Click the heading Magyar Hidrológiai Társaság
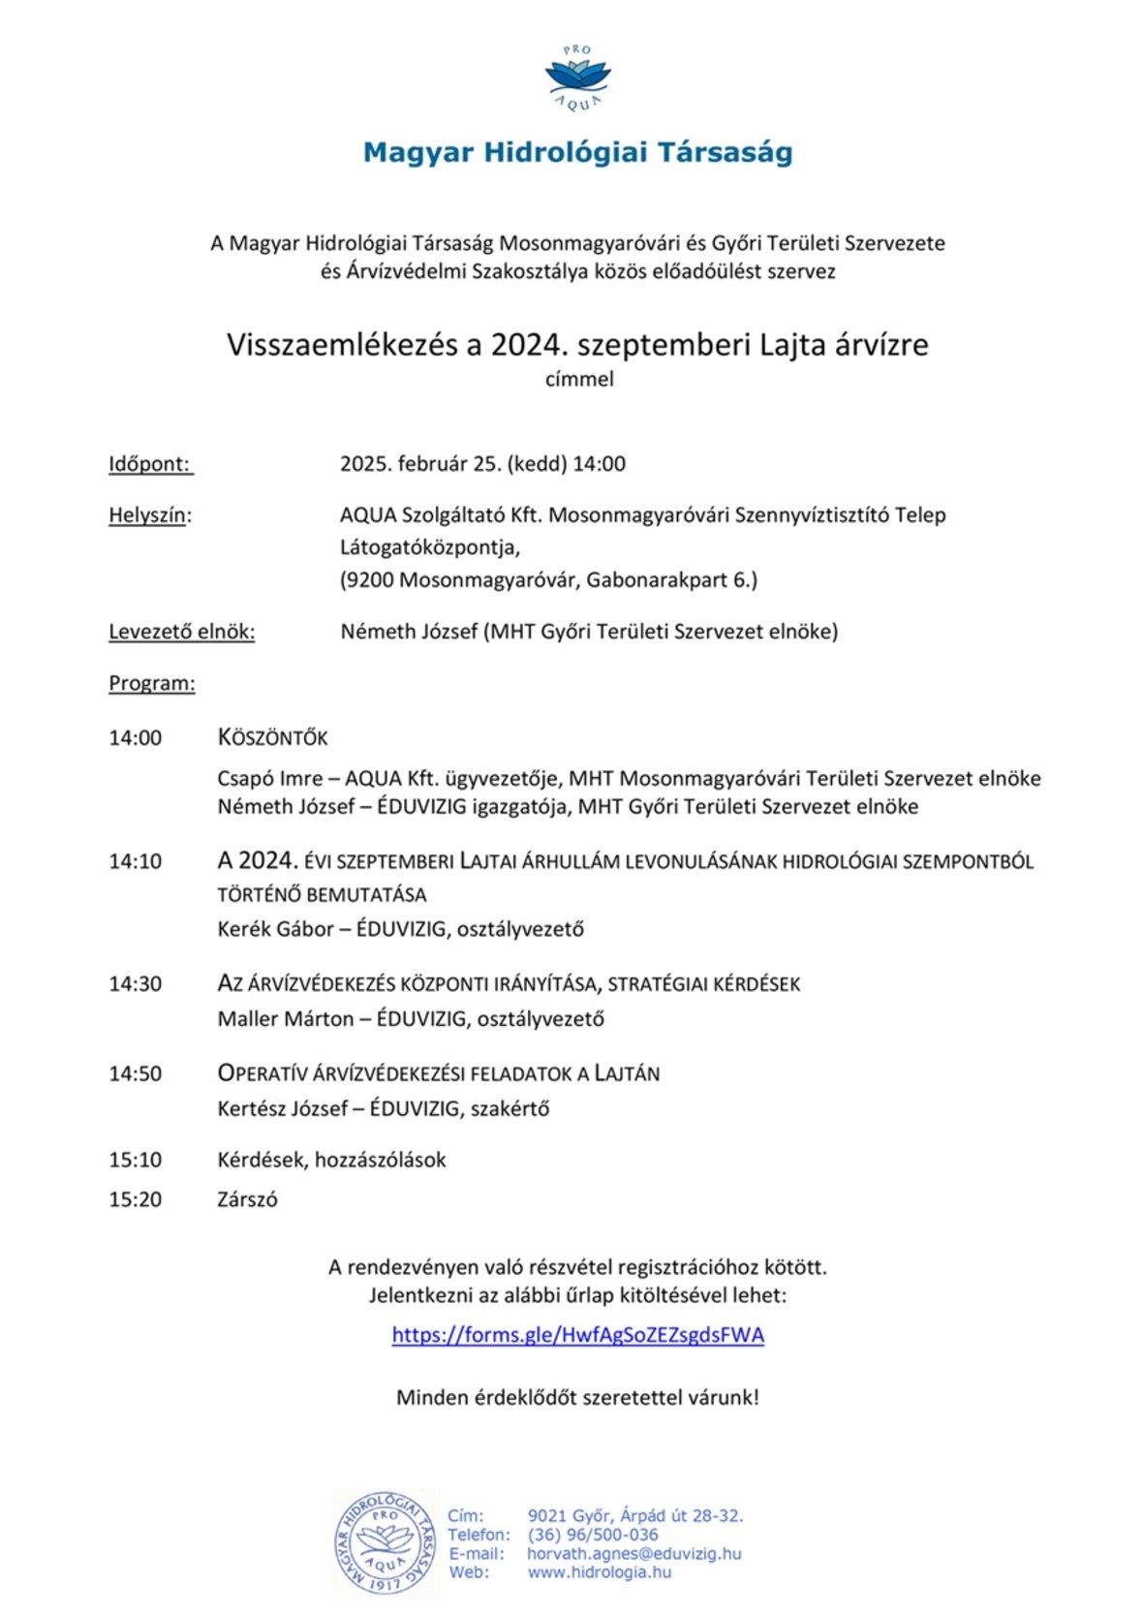click(x=577, y=152)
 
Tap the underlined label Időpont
click(x=149, y=464)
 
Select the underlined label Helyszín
click(x=149, y=515)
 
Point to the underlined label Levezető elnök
click(x=181, y=632)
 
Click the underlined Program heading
click(x=151, y=683)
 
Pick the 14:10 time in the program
click(x=136, y=861)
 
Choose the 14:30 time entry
click(x=136, y=984)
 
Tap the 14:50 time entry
click(x=136, y=1073)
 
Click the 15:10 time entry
click(x=136, y=1160)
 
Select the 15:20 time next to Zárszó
click(x=136, y=1199)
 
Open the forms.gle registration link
click(x=577, y=1335)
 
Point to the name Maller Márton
click(x=286, y=1019)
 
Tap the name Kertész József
click(x=282, y=1108)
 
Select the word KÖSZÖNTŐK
click(x=273, y=738)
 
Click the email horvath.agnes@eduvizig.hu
click(x=633, y=1554)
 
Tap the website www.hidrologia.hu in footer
click(x=599, y=1572)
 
